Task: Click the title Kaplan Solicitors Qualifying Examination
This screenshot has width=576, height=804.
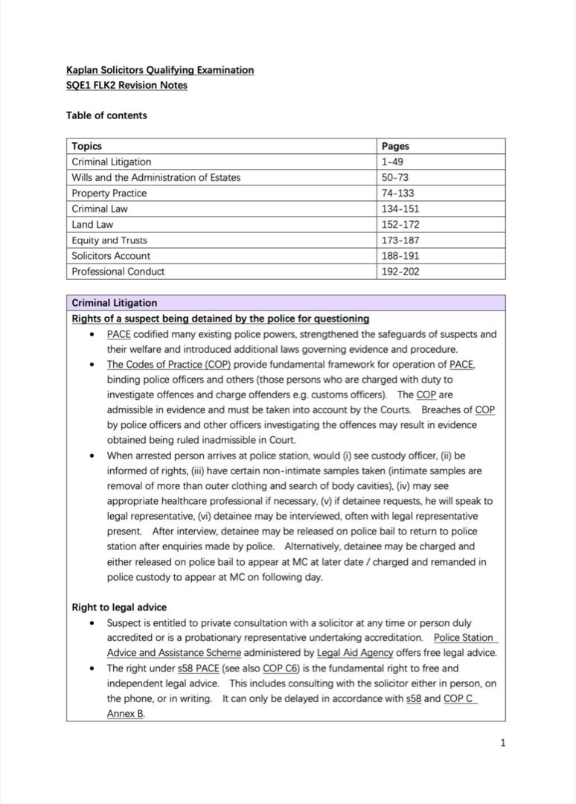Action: coord(159,70)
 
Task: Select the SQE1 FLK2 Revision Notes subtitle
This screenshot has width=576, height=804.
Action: coord(127,85)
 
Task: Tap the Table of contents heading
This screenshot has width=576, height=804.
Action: coord(106,115)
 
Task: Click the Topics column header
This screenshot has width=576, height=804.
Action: coord(86,147)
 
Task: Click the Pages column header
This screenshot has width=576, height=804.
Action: coord(395,147)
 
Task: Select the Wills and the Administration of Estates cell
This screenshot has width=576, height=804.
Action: coord(156,178)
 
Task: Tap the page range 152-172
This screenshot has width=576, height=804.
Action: coord(400,225)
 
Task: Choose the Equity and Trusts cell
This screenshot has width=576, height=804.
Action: coord(109,240)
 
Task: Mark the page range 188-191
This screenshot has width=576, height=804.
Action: coord(400,256)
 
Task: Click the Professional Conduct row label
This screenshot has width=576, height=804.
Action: coord(118,272)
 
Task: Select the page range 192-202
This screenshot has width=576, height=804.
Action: coord(400,272)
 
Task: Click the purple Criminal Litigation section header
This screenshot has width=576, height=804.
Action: coord(115,303)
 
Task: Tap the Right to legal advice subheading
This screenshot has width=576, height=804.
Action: coord(119,607)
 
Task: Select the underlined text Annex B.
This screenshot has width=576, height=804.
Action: coord(126,714)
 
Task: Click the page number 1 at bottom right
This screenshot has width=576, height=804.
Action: coord(503,742)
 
